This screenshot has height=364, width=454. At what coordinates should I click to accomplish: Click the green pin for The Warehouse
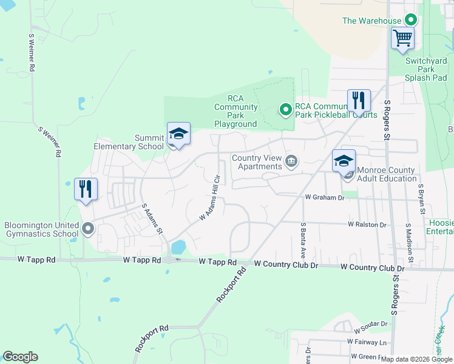(x=410, y=21)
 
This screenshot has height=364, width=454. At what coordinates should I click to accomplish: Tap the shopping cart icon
(x=402, y=38)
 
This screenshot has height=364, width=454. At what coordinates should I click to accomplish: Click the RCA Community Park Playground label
(x=235, y=112)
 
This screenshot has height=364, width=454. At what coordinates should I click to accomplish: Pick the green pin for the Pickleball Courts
(x=285, y=110)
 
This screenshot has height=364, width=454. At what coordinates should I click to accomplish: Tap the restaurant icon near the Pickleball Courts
(x=359, y=100)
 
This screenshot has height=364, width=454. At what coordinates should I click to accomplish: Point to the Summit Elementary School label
(x=129, y=142)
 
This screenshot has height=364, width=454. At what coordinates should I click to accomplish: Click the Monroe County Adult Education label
(x=387, y=174)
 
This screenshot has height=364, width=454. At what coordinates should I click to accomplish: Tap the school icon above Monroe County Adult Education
(x=344, y=161)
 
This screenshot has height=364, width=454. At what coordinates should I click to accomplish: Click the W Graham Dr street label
(x=324, y=197)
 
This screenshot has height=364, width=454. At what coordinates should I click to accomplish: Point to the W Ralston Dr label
(x=367, y=224)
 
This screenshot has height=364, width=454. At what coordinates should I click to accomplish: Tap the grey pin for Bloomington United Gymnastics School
(x=88, y=229)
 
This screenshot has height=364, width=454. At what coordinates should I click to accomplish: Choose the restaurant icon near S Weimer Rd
(x=85, y=189)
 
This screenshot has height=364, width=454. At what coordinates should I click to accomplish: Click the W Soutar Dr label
(x=369, y=325)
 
